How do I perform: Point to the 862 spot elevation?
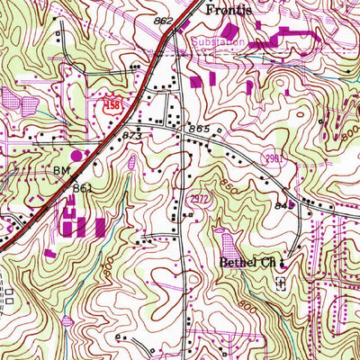click(163, 19)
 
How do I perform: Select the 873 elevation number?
click(132, 135)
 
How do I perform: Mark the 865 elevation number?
click(199, 130)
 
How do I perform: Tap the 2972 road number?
click(200, 197)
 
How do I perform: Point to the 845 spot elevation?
click(285, 205)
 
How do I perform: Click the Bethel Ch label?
click(247, 263)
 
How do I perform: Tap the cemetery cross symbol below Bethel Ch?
click(280, 282)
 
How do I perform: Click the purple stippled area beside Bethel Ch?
click(225, 240)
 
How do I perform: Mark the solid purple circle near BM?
click(76, 156)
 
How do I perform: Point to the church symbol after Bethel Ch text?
click(281, 263)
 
